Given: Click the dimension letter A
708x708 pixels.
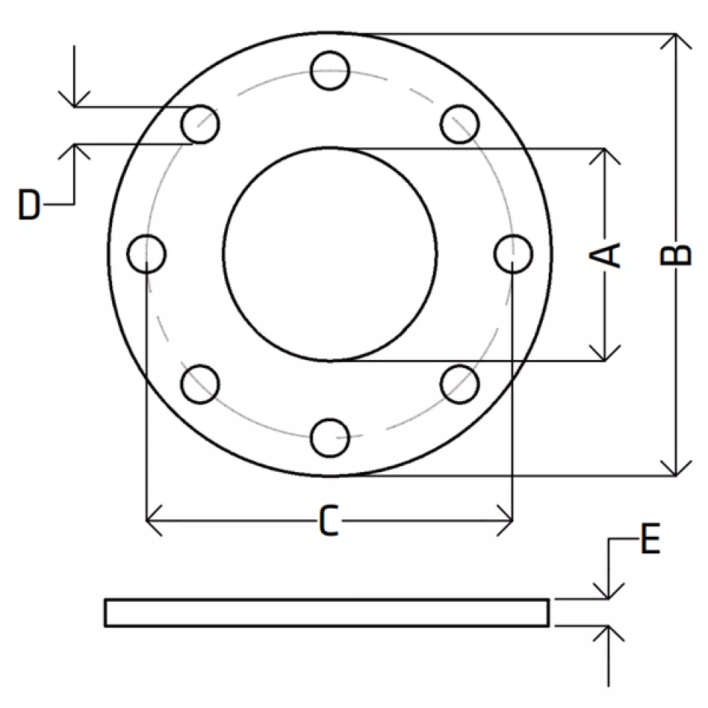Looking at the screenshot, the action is tap(605, 255).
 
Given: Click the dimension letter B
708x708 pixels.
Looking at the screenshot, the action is tap(676, 254).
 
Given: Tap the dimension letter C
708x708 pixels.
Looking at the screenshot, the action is tap(329, 521).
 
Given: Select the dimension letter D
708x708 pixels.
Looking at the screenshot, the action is tap(29, 204).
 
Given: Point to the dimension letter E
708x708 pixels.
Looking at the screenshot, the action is tap(650, 538).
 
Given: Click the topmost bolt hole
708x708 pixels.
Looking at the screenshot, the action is tap(330, 71).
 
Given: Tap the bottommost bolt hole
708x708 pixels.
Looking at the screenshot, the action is tap(330, 438).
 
